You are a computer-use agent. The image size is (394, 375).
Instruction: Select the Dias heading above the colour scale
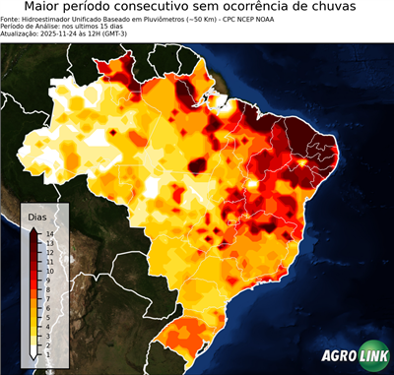pos(37,216)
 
